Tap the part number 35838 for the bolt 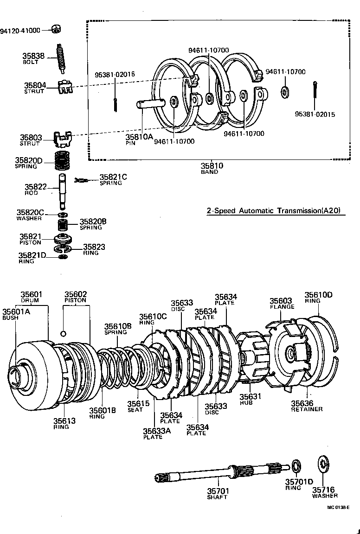point(33,56)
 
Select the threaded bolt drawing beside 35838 point(60,58)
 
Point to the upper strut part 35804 point(64,86)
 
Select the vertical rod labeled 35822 point(64,190)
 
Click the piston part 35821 point(64,240)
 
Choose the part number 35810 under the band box point(212,166)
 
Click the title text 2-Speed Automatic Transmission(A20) point(274,210)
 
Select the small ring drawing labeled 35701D point(296,465)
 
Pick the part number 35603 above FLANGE point(281,301)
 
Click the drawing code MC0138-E point(338,507)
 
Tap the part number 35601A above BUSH point(16,311)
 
